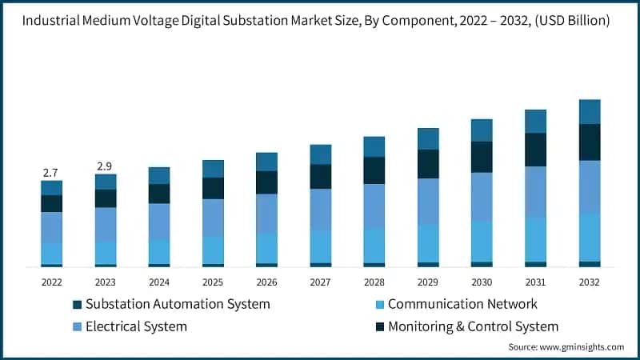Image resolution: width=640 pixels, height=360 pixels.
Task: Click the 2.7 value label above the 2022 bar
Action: point(51,173)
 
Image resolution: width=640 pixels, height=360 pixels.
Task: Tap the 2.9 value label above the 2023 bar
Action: point(105,166)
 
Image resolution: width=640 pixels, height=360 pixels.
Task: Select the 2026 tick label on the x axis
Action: point(266,282)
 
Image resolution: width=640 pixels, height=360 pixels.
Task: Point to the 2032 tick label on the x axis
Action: point(589,282)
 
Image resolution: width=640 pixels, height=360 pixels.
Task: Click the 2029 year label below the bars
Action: point(428,282)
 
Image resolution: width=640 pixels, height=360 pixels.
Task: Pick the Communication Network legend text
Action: point(462,304)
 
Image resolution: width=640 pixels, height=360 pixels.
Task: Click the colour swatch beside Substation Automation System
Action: point(76,305)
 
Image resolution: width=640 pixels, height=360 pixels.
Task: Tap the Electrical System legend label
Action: point(136,326)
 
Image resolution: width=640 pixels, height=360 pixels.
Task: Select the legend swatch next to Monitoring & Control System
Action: point(380,327)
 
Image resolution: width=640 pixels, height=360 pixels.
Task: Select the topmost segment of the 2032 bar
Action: point(589,111)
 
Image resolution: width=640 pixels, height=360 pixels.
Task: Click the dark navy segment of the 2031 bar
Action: point(535,150)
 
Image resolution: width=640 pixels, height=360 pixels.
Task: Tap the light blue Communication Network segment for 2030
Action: point(482,241)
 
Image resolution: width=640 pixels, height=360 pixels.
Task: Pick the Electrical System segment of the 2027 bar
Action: point(320,210)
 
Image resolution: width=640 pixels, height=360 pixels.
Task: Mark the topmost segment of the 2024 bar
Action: point(159,175)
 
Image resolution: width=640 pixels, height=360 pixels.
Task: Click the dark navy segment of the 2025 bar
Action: point(213,188)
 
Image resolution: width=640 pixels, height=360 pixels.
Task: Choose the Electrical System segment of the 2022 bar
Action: point(51,227)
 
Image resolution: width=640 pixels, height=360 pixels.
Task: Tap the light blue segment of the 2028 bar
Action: point(374,245)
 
